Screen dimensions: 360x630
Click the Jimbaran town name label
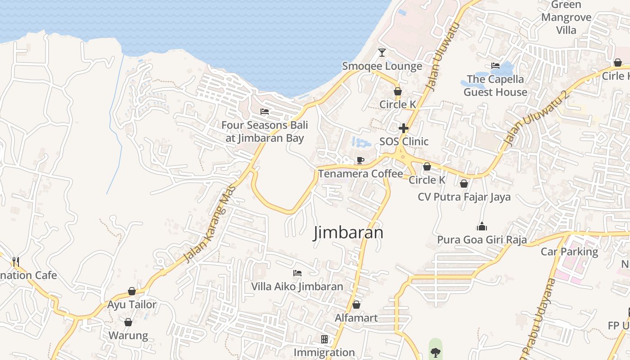pos(348,233)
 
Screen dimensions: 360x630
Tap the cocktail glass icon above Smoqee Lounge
pos(382,52)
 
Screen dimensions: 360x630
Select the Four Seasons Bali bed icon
pos(265,111)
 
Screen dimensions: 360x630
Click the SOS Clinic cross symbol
pos(404,128)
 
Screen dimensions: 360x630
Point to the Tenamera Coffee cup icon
pos(360,160)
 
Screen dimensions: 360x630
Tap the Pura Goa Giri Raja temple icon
pos(482,226)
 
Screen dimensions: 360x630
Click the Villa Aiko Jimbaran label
pos(297,287)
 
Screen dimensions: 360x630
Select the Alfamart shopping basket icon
pos(356,305)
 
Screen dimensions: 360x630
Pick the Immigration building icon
pos(324,339)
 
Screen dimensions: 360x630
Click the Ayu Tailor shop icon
pos(132,291)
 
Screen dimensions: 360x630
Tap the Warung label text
pos(128,336)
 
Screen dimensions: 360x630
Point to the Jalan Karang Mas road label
pos(210,224)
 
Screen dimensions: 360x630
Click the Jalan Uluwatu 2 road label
pos(537,118)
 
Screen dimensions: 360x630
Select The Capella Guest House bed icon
pos(495,66)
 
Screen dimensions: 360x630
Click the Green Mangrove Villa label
pos(566,18)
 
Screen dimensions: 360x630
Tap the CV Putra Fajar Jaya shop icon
pos(464,184)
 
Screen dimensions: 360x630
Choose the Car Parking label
pos(569,252)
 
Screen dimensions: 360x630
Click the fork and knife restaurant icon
pos(16,261)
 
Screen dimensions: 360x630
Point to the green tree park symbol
pos(435,352)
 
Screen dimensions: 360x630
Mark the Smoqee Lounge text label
pos(382,66)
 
